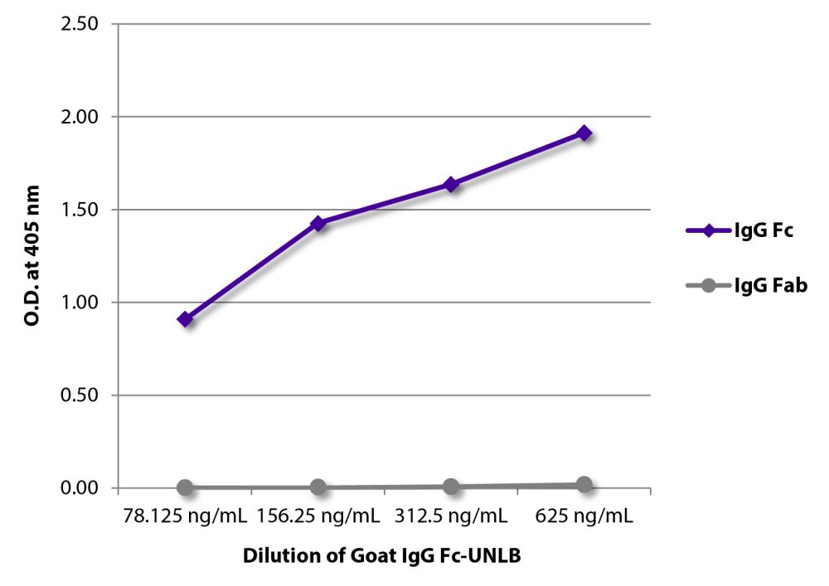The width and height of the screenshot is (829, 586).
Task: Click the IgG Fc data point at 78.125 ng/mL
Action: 185,319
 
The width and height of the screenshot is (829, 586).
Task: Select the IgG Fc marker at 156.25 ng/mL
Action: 318,224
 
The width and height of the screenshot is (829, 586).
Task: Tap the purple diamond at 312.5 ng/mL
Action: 451,184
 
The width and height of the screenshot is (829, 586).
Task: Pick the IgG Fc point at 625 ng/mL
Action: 584,133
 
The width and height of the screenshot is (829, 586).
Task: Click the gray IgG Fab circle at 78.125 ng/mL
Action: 185,487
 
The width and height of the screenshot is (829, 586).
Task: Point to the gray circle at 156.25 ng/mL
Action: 318,487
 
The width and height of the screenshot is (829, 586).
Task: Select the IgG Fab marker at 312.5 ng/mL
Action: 451,487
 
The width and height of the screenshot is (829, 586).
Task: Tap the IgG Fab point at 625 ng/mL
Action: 584,485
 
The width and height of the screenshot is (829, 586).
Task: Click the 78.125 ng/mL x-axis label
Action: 184,516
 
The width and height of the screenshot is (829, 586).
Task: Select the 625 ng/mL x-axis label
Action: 584,516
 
